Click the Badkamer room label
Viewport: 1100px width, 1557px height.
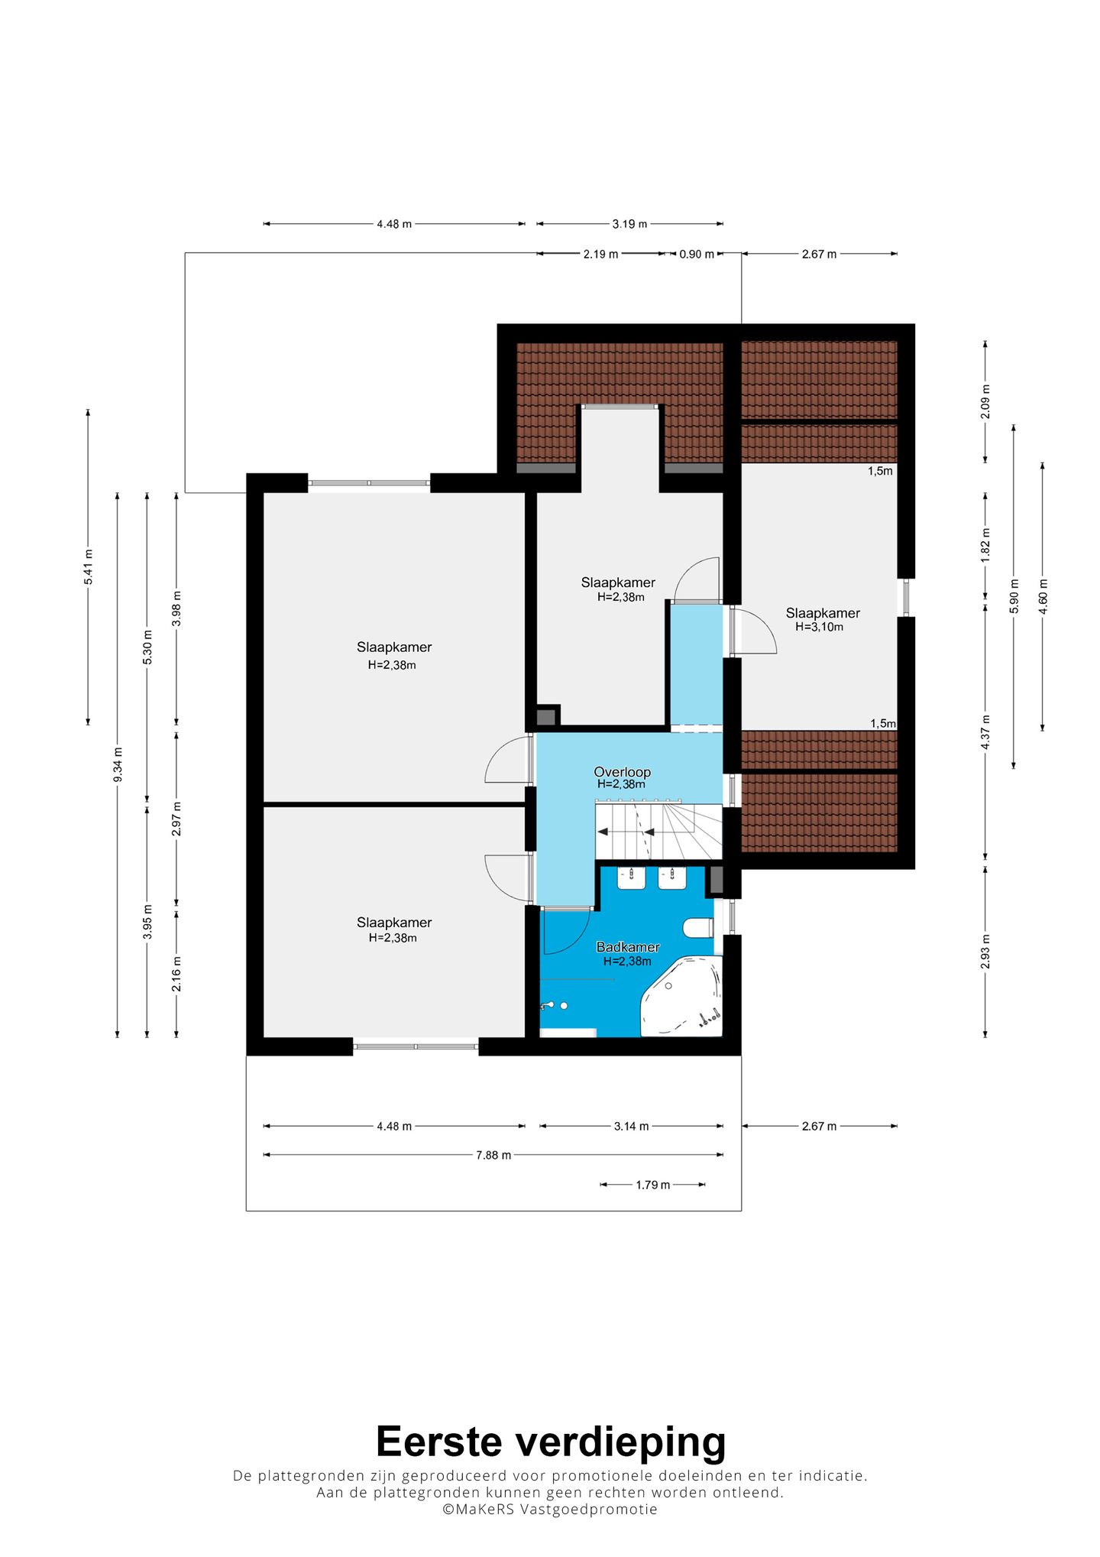point(628,947)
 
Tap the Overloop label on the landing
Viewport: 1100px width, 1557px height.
point(623,772)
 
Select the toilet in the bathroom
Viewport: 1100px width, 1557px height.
point(698,928)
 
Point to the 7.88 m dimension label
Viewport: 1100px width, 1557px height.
point(493,1155)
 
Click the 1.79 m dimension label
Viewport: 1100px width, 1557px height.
point(653,1185)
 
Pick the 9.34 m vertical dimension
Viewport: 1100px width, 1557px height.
point(118,764)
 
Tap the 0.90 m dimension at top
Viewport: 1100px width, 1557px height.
point(697,254)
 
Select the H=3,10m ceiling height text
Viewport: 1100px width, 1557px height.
point(820,627)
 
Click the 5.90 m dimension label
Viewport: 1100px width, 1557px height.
point(1014,595)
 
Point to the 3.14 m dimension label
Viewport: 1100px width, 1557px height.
point(632,1126)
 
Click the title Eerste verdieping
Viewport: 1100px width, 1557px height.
point(551,1442)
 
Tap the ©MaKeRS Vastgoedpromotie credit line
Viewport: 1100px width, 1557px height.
point(550,1509)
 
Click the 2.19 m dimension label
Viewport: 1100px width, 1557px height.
point(600,254)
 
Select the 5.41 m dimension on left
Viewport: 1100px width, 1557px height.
point(89,567)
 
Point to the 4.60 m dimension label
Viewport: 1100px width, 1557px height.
point(1043,595)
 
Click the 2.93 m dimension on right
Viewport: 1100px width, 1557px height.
point(985,952)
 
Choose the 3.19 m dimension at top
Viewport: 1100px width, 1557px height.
point(629,224)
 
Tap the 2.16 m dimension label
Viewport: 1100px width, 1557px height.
point(176,974)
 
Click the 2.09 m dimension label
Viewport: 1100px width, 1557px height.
point(985,401)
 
